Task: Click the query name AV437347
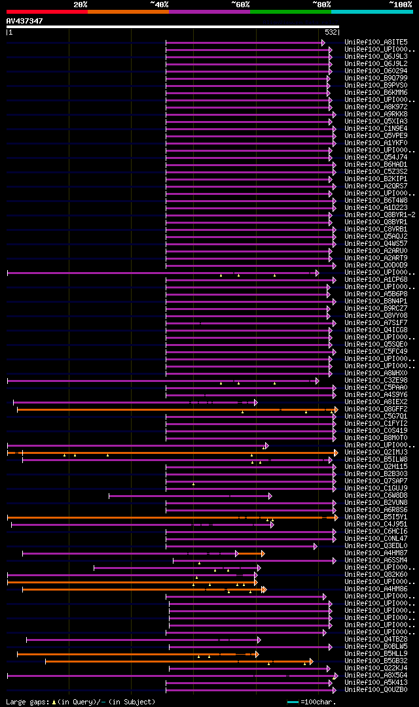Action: [x=25, y=21]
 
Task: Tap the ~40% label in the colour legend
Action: [x=159, y=5]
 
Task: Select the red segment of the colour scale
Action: [x=46, y=12]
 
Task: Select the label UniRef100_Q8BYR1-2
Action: [x=380, y=215]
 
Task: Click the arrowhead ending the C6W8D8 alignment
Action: [x=270, y=496]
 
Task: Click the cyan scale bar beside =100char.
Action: [x=293, y=702]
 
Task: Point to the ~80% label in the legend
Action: [x=321, y=5]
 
